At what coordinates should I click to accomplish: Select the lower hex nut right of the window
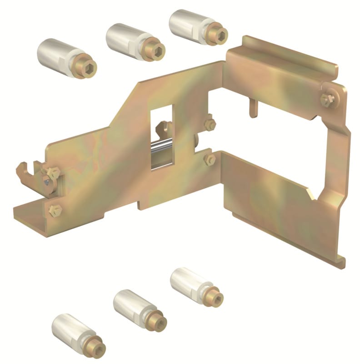click(x=210, y=159)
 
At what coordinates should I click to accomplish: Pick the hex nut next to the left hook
click(x=53, y=173)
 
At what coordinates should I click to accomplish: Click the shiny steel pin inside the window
click(x=162, y=147)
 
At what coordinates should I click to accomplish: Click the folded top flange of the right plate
click(x=282, y=57)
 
